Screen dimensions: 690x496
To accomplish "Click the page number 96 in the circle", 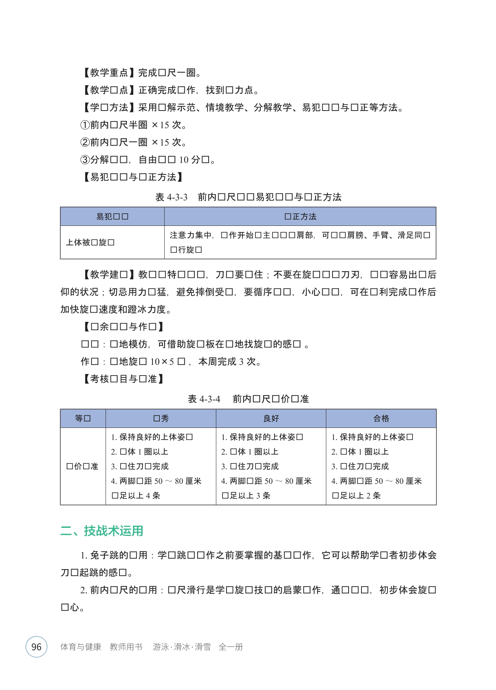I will [36, 647].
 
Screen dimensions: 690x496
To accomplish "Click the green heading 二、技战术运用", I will [102, 530].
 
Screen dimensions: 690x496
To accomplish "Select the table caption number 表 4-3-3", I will [171, 197].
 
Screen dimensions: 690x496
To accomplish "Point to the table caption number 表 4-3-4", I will [204, 399].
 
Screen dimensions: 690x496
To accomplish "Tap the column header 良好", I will [271, 418].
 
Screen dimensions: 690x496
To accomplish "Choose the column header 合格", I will [381, 418].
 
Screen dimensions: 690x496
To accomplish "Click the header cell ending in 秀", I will [161, 418].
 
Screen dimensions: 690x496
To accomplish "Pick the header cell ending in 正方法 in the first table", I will [300, 217].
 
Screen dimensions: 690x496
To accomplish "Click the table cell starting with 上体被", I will [90, 242].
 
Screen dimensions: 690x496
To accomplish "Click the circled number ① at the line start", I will [85, 125].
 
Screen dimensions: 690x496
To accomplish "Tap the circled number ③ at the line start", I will [85, 160].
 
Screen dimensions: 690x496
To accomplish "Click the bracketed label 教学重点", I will [109, 73].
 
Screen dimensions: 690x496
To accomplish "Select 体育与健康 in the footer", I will [81, 647].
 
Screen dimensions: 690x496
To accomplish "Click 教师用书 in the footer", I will [126, 647].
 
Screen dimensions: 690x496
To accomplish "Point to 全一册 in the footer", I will [231, 647].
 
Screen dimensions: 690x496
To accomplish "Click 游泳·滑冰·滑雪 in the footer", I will [181, 647].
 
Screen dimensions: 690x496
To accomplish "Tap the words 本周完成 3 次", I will [229, 362].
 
